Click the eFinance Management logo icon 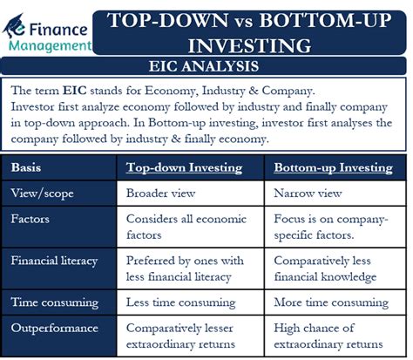[14, 26]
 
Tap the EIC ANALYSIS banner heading [204, 66]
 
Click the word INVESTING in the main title [249, 45]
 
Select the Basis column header [26, 167]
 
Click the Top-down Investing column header [184, 168]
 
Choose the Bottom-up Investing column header [333, 168]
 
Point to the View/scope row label [42, 194]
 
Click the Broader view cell [160, 194]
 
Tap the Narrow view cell [308, 194]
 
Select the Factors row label [30, 219]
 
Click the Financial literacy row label [54, 261]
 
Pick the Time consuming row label [55, 302]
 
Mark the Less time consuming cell [180, 302]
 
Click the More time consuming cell [331, 302]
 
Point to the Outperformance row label [55, 329]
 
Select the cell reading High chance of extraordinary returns [328, 336]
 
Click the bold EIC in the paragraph [75, 91]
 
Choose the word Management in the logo [50, 46]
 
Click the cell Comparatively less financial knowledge [325, 268]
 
